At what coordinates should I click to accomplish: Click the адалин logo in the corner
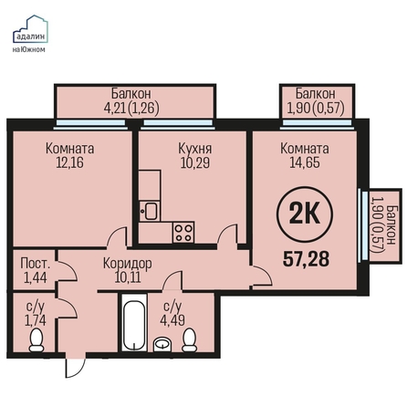30,34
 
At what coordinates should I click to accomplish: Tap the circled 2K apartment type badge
305,214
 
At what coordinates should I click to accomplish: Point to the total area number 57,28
306,259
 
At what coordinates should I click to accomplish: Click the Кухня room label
195,149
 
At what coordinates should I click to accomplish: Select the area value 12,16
69,162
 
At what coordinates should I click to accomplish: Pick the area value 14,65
305,162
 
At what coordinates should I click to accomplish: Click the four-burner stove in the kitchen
183,232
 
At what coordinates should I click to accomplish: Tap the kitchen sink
150,211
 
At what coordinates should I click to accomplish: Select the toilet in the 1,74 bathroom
37,339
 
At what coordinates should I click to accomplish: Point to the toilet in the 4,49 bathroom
190,339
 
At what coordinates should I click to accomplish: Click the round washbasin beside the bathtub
163,345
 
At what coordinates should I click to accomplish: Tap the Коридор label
128,264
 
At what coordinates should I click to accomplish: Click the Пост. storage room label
36,264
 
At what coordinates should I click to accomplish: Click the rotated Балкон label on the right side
391,224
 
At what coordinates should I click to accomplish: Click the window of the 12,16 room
90,124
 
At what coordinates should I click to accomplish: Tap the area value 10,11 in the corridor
128,277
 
